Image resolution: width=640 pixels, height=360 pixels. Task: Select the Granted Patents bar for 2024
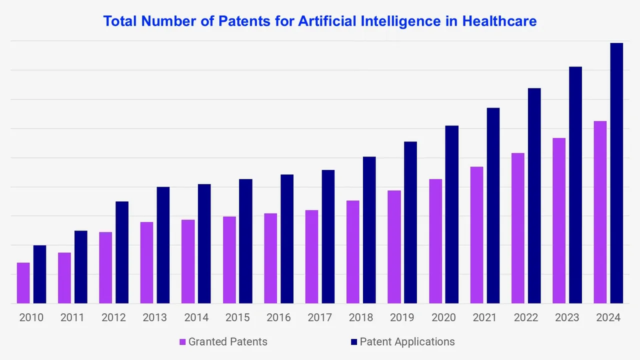point(600,212)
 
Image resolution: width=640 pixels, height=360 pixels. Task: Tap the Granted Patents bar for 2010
point(23,283)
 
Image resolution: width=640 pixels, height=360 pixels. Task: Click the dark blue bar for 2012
point(122,252)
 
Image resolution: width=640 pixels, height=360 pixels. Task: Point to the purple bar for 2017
point(311,256)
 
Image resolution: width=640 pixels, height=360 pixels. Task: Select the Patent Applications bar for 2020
point(451,214)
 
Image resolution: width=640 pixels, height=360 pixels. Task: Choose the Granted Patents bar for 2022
point(517,228)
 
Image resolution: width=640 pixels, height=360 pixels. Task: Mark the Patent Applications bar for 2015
point(245,241)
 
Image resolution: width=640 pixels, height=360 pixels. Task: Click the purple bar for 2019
point(394,247)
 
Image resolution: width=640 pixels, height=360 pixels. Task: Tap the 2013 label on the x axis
point(154,317)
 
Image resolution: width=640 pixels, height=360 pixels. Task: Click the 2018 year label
point(360,317)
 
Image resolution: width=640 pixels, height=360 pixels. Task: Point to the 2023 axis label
point(567,317)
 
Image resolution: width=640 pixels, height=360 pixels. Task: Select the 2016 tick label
point(278,317)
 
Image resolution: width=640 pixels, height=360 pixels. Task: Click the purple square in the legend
point(182,342)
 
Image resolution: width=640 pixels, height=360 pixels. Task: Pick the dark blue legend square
point(354,342)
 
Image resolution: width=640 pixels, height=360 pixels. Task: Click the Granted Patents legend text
point(227,342)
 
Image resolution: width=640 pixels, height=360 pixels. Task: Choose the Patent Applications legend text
point(407,342)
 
